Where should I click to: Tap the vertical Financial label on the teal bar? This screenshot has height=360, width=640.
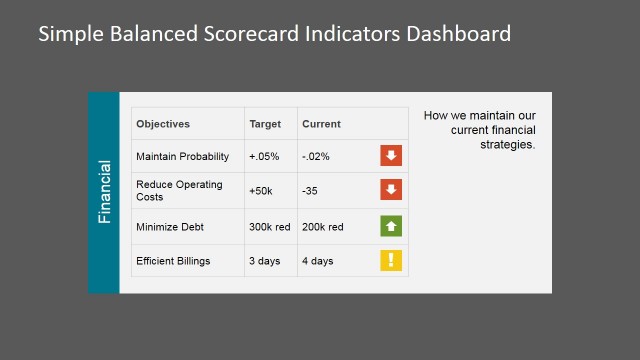104,192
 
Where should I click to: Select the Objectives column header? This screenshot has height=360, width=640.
163,124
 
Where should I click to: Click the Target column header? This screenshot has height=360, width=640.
265,124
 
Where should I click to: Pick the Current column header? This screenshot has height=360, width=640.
321,124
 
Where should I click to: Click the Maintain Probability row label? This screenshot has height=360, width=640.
183,156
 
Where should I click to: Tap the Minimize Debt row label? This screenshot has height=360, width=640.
169,227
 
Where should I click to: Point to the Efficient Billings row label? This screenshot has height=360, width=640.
174,261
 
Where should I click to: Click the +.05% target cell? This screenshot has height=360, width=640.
265,156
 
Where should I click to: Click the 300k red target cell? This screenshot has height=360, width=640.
269,227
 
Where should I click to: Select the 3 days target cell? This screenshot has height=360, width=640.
265,261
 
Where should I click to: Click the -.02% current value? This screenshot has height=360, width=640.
316,156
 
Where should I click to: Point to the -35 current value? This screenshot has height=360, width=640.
310,190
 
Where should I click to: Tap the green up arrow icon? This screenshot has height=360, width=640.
391,227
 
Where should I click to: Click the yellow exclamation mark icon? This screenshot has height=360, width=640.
391,261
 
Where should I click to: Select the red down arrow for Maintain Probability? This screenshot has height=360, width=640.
391,156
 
